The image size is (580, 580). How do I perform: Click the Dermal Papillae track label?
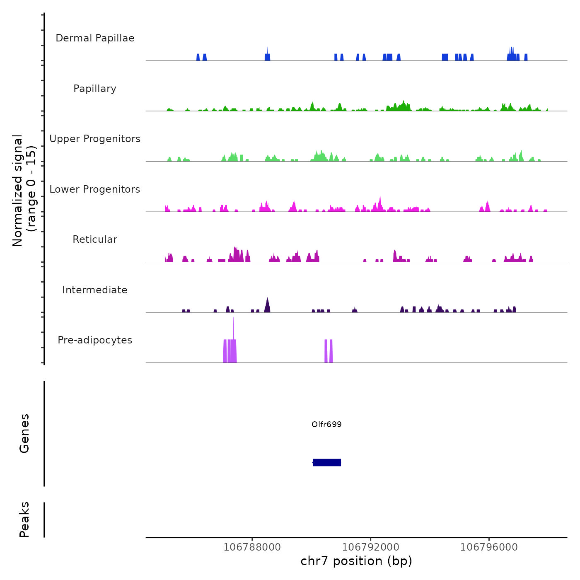[x=95, y=38]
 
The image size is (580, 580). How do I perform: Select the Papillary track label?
[x=95, y=89]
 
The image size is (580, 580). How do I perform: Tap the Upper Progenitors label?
[x=95, y=139]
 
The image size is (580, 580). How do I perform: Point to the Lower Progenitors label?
[x=95, y=189]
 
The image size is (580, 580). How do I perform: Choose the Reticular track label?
[x=95, y=239]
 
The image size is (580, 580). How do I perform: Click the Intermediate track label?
[x=95, y=290]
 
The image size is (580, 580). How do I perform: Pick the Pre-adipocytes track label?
[x=95, y=340]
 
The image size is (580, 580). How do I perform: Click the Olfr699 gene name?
[x=326, y=424]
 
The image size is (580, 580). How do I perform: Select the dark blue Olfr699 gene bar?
[x=327, y=462]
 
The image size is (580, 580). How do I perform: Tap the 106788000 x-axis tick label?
[x=252, y=547]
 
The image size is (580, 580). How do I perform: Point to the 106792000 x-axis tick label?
[x=370, y=547]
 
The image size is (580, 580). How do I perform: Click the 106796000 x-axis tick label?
[x=489, y=547]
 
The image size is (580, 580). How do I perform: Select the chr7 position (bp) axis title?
[x=356, y=561]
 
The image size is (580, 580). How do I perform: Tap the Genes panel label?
[x=24, y=433]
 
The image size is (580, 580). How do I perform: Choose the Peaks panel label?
[x=24, y=520]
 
